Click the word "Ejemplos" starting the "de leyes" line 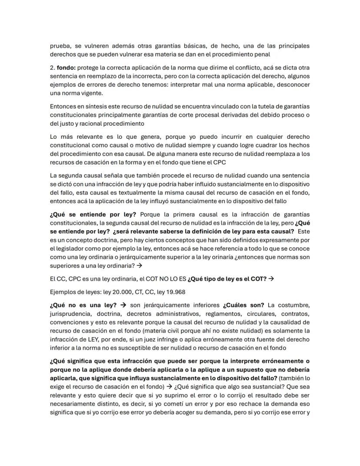pyautogui.click(x=63, y=291)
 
